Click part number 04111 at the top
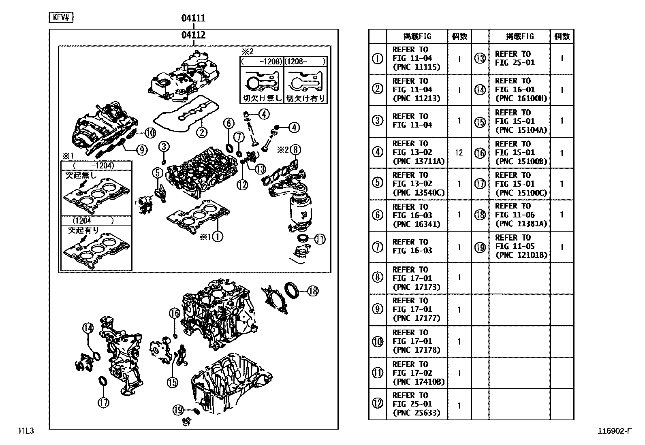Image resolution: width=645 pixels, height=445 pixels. click(193, 18)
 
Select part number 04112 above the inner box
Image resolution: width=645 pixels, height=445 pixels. click(193, 35)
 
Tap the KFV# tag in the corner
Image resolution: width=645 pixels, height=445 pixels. click(61, 17)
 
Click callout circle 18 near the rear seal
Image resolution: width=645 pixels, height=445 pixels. click(313, 290)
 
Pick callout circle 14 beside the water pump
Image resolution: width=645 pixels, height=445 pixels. click(87, 328)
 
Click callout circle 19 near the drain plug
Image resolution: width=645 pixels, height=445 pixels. click(178, 410)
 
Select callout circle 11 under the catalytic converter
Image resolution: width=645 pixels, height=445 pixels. click(320, 239)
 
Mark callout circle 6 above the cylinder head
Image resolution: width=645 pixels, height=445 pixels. click(229, 123)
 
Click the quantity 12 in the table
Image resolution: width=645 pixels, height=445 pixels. click(459, 153)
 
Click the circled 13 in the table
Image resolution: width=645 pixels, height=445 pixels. click(480, 59)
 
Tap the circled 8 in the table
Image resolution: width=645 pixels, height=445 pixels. click(378, 278)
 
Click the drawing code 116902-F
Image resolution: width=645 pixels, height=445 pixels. click(614, 431)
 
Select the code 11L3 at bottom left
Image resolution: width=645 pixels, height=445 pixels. click(25, 431)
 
